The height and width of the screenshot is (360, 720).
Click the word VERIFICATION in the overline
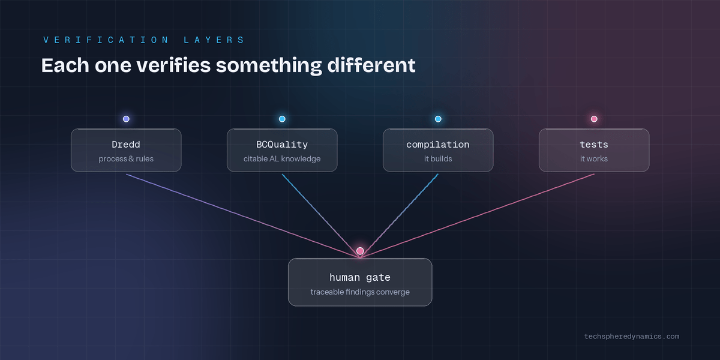point(106,40)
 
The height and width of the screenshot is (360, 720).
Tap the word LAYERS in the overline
point(214,40)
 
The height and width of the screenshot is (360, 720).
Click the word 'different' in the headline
point(371,65)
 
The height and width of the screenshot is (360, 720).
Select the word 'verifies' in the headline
point(173,65)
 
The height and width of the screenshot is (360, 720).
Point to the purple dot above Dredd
point(126,119)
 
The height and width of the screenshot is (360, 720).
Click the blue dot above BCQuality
point(282,119)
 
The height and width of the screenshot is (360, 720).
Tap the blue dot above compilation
point(438,119)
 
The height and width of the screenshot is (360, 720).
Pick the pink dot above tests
point(594,119)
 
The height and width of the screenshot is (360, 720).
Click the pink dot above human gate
point(360,251)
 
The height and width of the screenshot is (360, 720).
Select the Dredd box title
point(126,145)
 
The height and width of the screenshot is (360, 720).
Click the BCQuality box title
point(282,145)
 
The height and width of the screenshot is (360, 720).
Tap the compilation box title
point(438,145)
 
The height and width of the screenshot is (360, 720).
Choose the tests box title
point(594,145)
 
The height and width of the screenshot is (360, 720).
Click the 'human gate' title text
point(360,278)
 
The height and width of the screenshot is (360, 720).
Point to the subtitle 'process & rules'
point(126,159)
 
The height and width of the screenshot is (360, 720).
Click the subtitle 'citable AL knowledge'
point(282,159)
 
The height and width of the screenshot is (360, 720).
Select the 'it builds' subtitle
point(438,159)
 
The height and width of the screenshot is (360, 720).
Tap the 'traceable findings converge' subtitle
point(360,292)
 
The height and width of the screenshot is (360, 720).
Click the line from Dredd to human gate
point(243,215)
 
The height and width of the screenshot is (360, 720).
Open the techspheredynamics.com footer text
point(632,337)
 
